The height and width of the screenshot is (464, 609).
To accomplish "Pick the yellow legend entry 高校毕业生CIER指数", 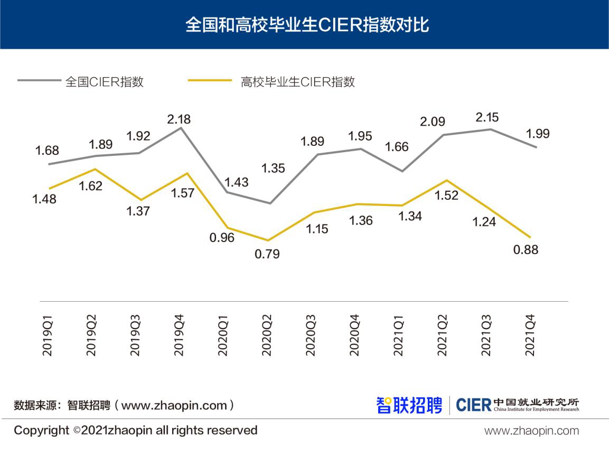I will click(297, 82).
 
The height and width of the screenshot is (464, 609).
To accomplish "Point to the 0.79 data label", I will click(267, 254).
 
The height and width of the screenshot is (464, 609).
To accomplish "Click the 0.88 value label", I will click(526, 249).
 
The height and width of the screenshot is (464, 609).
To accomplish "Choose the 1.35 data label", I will click(273, 169).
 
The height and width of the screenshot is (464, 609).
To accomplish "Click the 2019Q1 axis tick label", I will click(48, 336).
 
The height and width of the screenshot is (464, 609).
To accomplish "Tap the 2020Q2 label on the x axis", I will click(267, 336).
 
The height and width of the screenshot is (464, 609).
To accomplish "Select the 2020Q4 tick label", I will click(355, 336).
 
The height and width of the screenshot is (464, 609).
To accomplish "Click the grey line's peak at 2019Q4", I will click(181, 127).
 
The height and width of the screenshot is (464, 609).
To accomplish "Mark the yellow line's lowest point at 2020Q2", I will click(269, 240).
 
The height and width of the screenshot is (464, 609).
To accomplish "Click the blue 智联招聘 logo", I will click(409, 405).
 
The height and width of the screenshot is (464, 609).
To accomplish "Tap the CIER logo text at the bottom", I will click(473, 405).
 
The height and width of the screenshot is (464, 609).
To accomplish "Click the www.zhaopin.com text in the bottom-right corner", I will click(531, 431).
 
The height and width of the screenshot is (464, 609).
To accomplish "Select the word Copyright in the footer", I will click(41, 430).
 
